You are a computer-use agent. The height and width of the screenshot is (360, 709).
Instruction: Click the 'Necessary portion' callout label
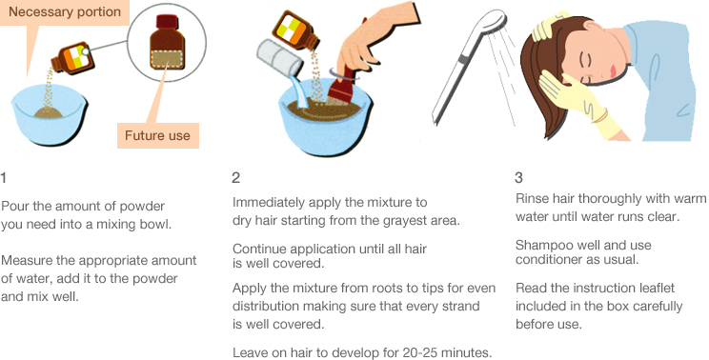65,12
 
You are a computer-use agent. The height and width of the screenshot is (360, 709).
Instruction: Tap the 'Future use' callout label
158,135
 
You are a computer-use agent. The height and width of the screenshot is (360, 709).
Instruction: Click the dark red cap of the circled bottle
168,22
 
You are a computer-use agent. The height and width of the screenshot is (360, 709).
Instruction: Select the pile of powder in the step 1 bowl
49,111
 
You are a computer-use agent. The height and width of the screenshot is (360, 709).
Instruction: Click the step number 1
4,178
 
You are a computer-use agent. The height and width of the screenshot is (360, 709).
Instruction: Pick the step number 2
236,178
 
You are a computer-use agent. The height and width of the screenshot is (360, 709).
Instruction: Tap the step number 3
518,178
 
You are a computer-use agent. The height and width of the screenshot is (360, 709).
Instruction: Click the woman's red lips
613,71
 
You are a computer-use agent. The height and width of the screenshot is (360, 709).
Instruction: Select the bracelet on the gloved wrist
601,116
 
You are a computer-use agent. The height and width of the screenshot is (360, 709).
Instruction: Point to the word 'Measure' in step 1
26,261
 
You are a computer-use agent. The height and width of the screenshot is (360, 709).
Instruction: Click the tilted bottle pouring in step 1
72,58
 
